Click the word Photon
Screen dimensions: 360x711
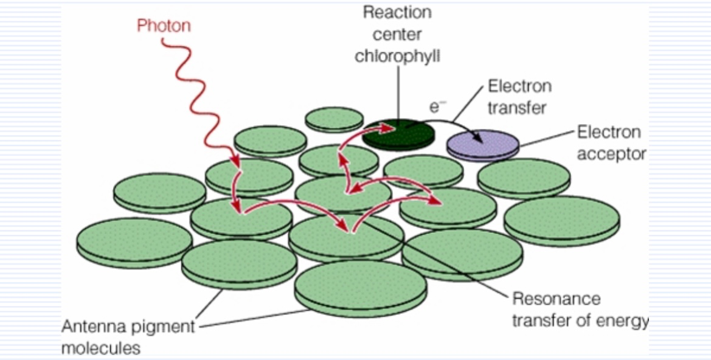164,26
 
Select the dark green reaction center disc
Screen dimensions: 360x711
398,133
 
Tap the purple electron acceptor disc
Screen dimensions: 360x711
483,144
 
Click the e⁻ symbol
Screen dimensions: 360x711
435,107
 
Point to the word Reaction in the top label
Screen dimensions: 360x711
397,12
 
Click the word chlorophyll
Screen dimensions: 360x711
397,56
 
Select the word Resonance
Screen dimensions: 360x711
556,299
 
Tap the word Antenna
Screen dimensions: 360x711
90,327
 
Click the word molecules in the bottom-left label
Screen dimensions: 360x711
101,348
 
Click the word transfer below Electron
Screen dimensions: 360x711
517,108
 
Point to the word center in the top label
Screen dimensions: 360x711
397,34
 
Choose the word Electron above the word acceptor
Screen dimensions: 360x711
608,132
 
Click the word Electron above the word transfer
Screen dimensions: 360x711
519,86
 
